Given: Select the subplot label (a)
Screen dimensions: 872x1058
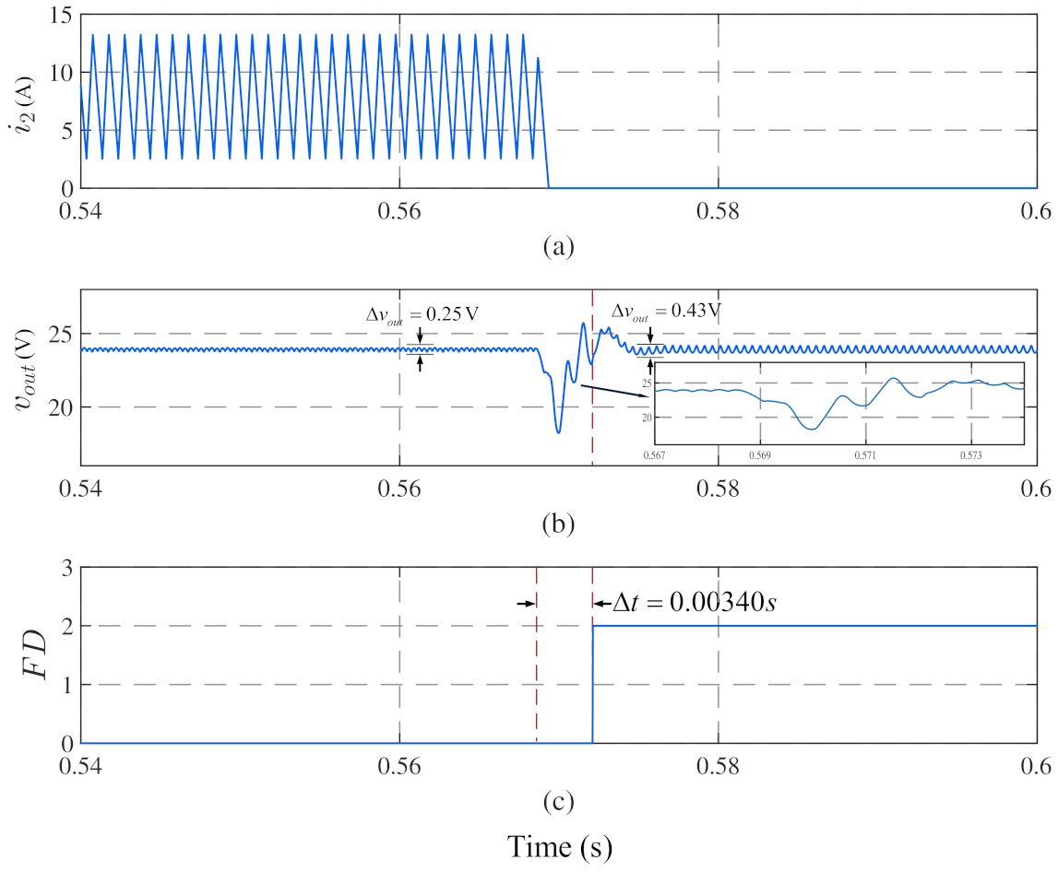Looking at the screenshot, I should point(559,247).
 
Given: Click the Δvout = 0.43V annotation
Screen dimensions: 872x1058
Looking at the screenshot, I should point(665,311).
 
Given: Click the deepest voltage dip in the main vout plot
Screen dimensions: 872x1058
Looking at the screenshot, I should point(558,431).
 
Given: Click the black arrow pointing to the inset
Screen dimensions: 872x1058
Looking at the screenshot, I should point(614,390).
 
